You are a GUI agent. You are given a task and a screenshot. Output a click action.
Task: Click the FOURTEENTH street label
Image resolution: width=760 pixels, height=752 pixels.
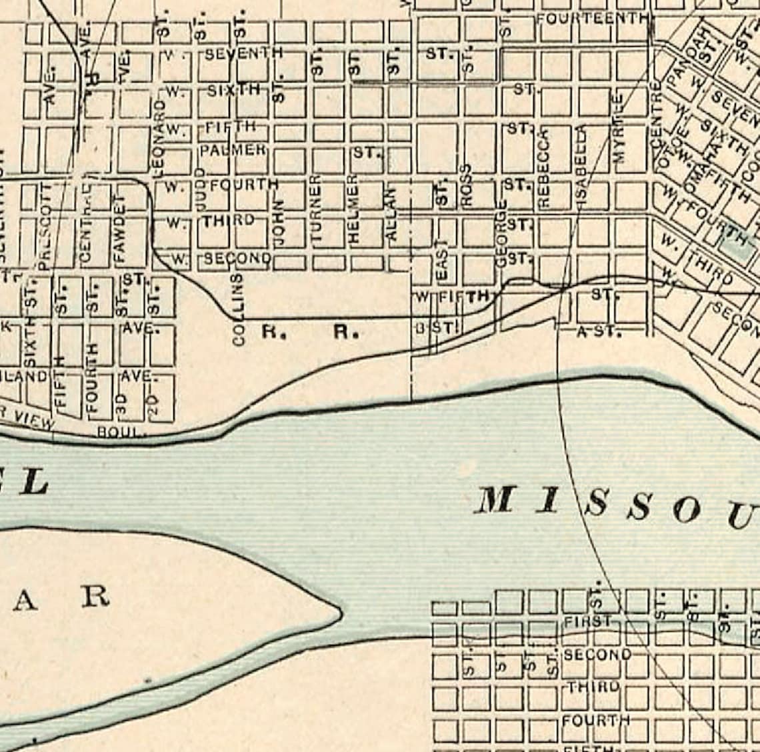click(x=591, y=18)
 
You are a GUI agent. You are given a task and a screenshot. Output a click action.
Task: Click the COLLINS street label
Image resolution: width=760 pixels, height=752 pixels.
click(x=239, y=309)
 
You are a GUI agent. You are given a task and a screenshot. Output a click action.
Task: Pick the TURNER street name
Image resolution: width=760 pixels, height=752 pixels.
click(x=316, y=208)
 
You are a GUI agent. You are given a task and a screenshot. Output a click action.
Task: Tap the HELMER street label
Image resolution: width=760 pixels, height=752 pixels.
click(x=353, y=208)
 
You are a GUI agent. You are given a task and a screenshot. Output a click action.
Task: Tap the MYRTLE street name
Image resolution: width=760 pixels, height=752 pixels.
click(x=619, y=129)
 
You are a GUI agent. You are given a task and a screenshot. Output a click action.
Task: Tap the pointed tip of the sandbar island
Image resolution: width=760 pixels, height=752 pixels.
click(x=339, y=611)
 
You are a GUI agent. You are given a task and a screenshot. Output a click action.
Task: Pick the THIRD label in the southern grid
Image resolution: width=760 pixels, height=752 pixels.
click(x=592, y=687)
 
